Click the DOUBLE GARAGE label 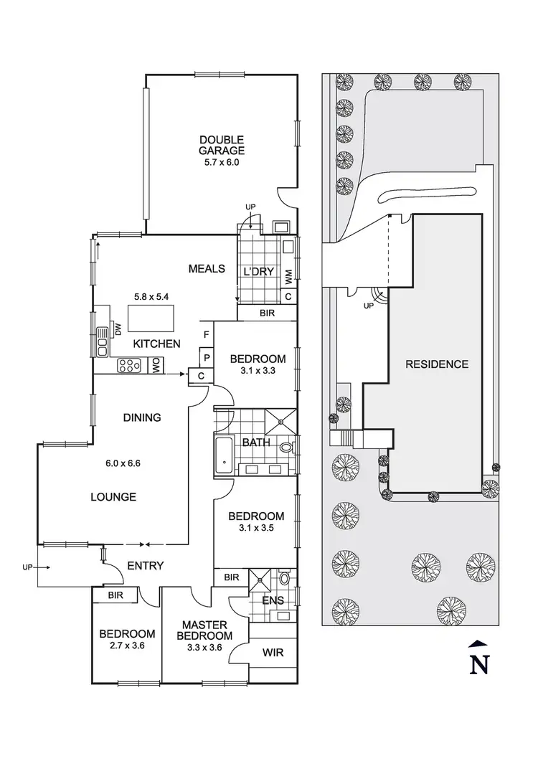[222, 145]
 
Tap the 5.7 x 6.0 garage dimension [222, 162]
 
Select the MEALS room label [207, 269]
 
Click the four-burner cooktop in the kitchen [129, 365]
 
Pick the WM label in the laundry [288, 275]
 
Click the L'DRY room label [255, 271]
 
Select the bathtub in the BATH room [222, 455]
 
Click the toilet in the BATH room [287, 448]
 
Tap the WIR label [272, 653]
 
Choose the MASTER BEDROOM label [204, 630]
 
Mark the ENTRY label [146, 566]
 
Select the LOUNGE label [113, 497]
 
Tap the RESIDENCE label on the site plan [437, 364]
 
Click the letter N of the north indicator [478, 664]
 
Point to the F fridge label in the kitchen [207, 334]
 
